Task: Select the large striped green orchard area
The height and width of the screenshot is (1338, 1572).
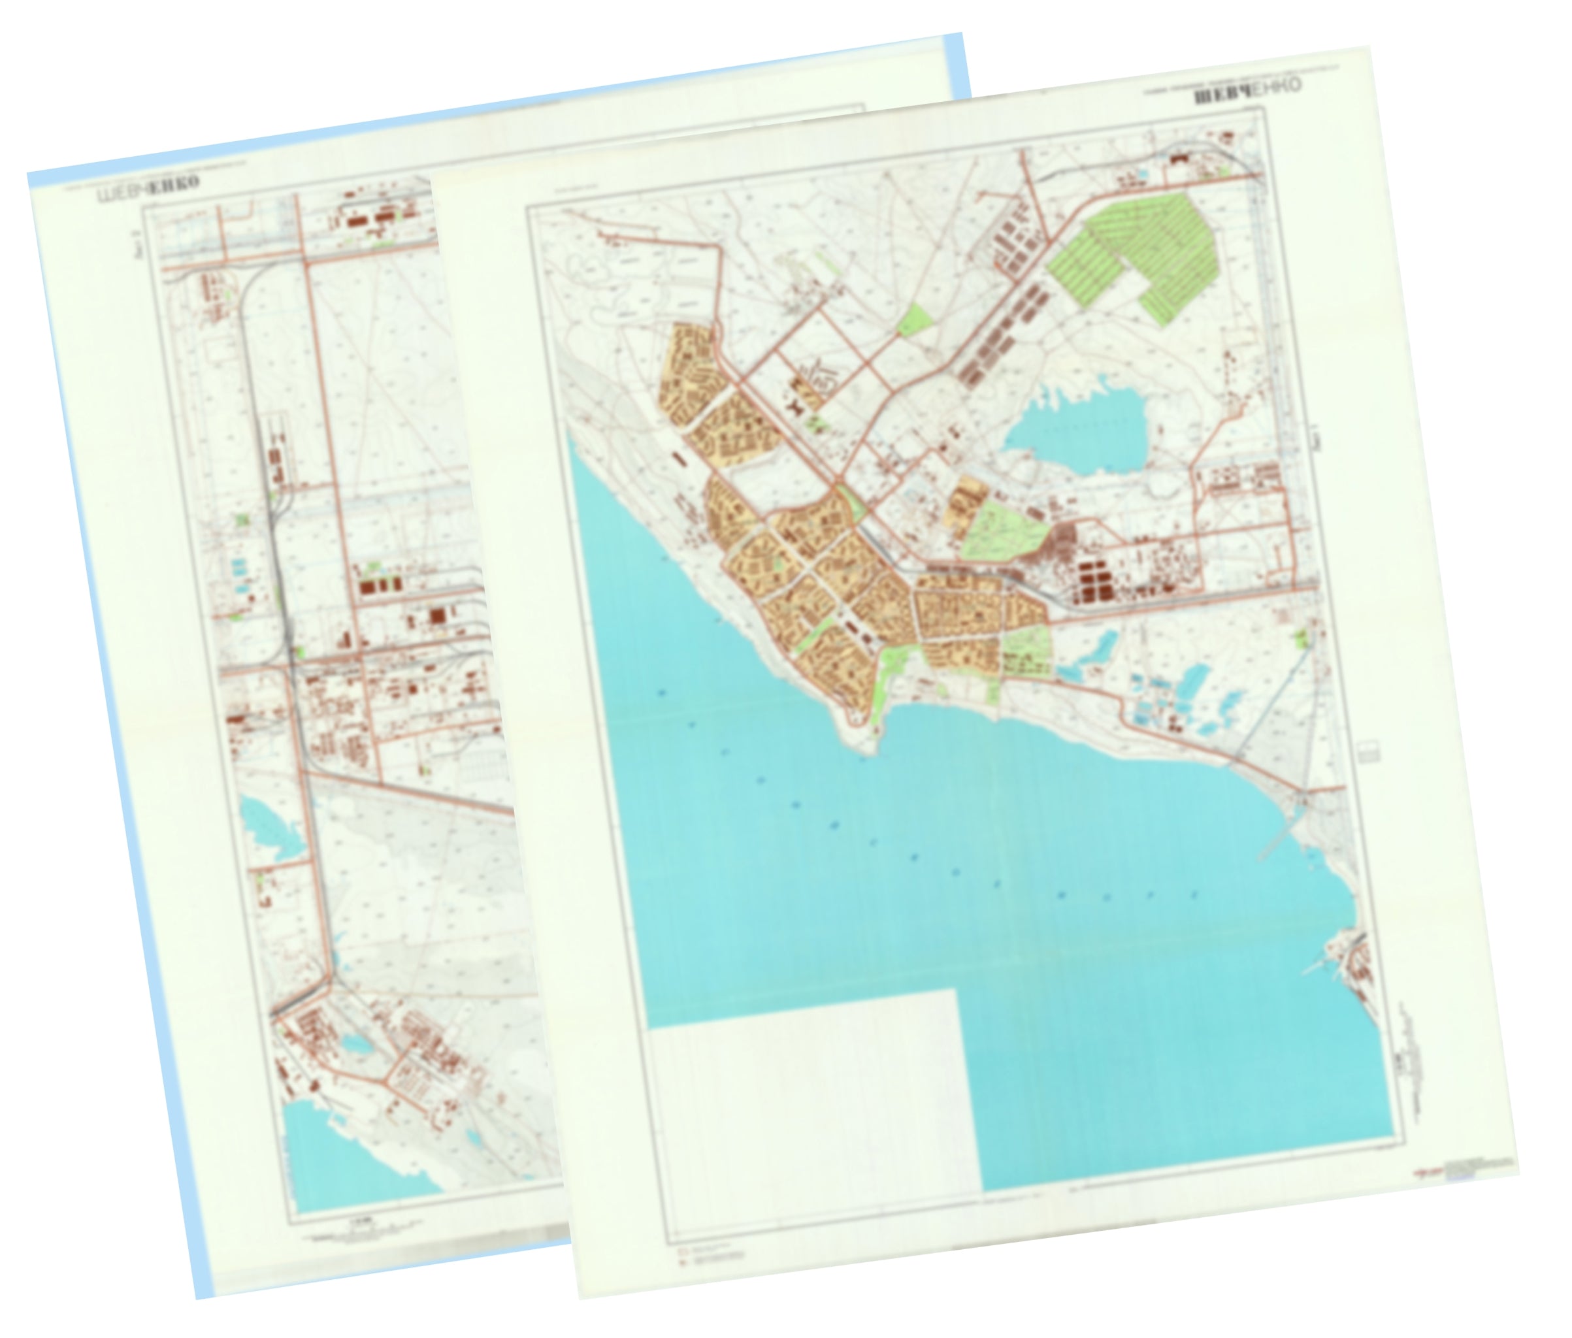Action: tap(1138, 254)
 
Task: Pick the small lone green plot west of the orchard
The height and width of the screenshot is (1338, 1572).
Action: tap(916, 319)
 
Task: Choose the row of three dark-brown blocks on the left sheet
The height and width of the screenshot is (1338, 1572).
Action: tap(380, 585)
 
